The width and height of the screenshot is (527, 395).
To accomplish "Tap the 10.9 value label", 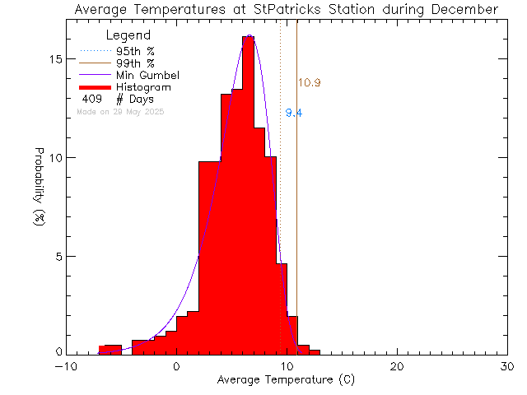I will (x=309, y=82).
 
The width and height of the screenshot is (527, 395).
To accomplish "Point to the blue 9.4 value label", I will (x=294, y=114).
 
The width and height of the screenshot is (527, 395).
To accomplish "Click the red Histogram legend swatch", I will (x=95, y=86).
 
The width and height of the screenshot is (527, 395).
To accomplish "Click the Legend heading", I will (x=128, y=36).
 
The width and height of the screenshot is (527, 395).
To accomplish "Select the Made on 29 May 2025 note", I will (x=120, y=111).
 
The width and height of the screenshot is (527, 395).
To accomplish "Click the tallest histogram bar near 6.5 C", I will (x=248, y=197).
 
